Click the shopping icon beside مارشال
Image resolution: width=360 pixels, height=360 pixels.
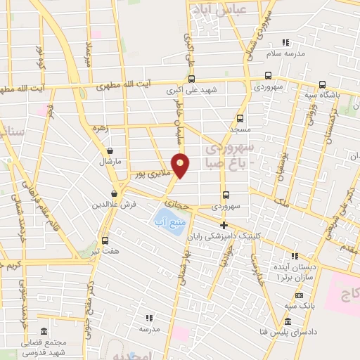pyautogui.click(x=110, y=150)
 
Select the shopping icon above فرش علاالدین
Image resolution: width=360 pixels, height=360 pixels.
pyautogui.click(x=114, y=193)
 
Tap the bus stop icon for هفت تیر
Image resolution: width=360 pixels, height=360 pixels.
pyautogui.click(x=105, y=239)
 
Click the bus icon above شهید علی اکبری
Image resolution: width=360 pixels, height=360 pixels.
pyautogui.click(x=191, y=79)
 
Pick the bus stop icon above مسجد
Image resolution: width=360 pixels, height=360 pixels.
pyautogui.click(x=240, y=118)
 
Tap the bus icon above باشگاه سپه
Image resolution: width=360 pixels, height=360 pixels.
pyautogui.click(x=322, y=84)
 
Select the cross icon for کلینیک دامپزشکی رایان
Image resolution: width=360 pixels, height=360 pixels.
pyautogui.click(x=224, y=226)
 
